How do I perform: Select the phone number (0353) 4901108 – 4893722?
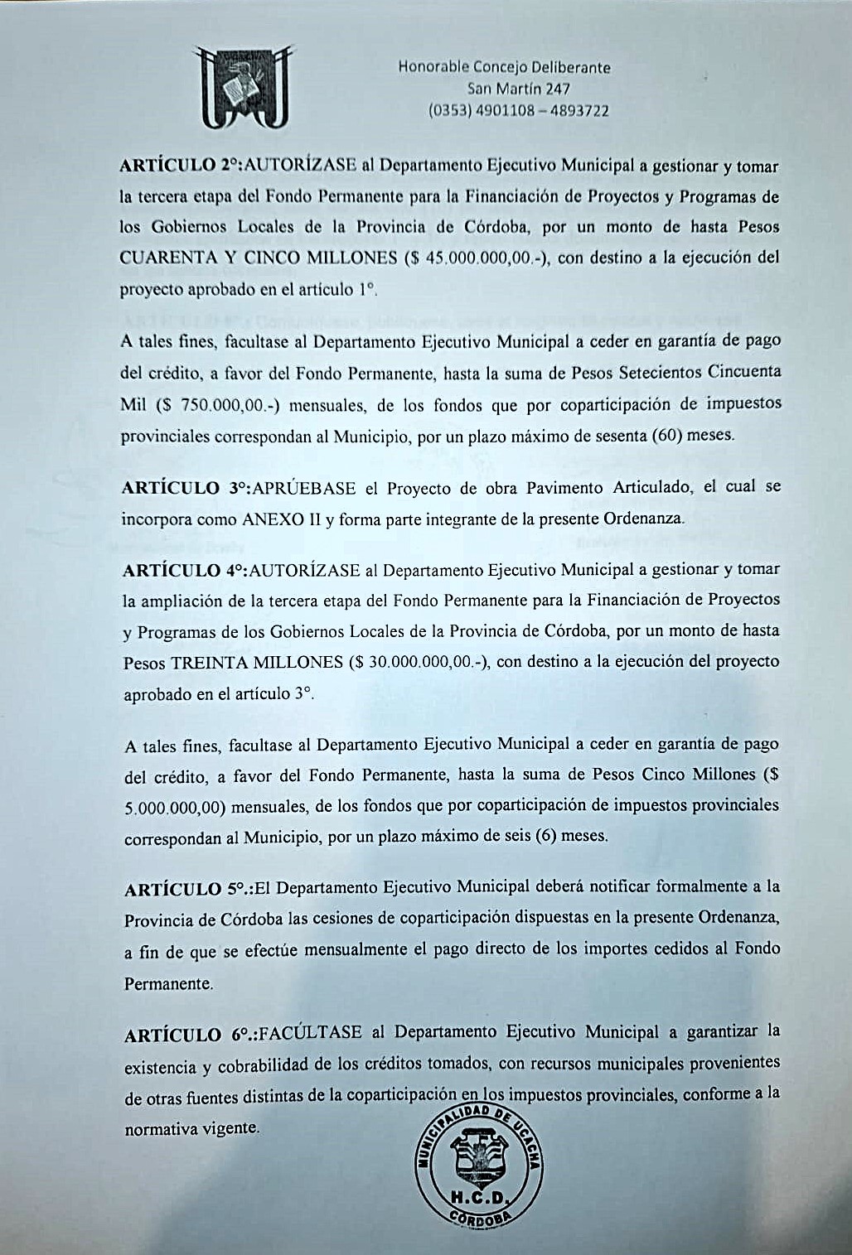(518, 110)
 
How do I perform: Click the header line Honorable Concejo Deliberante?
(504, 67)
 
